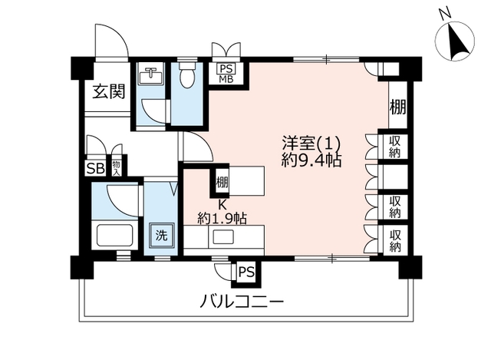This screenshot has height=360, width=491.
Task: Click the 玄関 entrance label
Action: (109, 92)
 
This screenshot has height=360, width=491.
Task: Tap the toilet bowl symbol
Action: (187, 75)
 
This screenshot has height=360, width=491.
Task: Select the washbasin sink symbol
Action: (150, 75)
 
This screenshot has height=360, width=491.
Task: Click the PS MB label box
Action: (226, 74)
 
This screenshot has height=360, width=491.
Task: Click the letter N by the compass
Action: (445, 14)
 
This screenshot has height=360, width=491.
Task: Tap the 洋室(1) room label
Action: (311, 144)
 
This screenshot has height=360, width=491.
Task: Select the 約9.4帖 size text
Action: (311, 160)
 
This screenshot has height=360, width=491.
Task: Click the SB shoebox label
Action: (95, 169)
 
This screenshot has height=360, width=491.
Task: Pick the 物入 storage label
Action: (116, 169)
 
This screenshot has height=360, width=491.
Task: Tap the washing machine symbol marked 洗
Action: (162, 236)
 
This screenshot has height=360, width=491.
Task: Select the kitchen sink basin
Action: (223, 236)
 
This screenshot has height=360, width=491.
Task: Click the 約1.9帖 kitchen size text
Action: (222, 219)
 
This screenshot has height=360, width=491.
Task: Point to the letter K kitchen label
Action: (222, 205)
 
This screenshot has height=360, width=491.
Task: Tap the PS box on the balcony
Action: (247, 272)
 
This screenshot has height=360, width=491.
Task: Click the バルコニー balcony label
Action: (242, 302)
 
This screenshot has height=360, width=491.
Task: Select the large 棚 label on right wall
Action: (397, 107)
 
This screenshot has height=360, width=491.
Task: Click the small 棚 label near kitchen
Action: (222, 183)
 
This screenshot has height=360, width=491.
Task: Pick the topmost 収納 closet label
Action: (395, 147)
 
